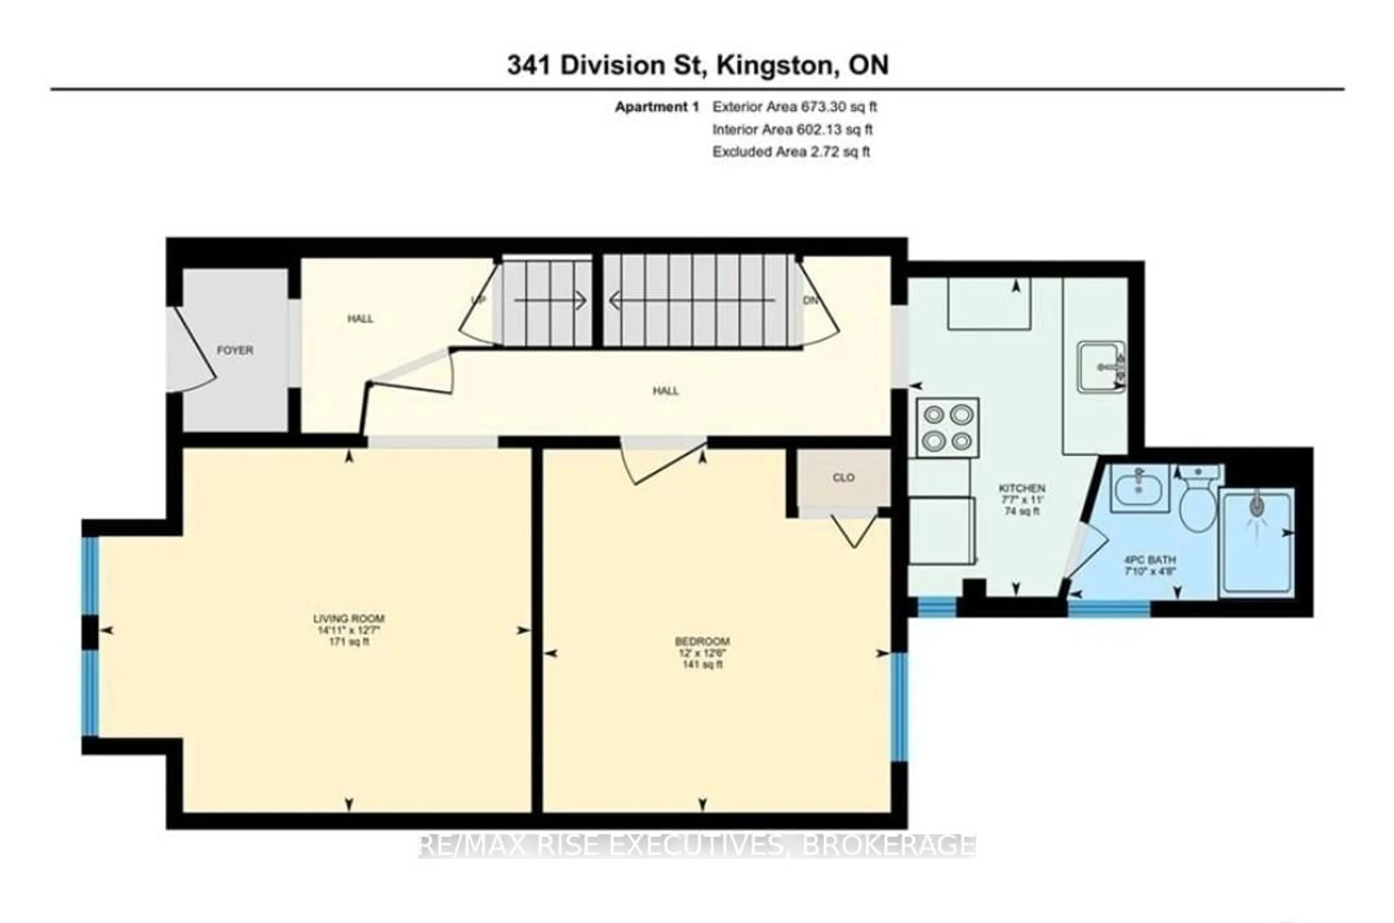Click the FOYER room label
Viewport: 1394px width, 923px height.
tap(235, 350)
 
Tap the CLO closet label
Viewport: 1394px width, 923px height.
tap(843, 477)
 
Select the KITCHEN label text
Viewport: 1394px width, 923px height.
tap(1022, 488)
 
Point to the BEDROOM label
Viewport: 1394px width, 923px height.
tap(702, 641)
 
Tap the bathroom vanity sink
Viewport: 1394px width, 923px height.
tap(1139, 487)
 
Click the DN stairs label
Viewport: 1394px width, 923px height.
tap(811, 300)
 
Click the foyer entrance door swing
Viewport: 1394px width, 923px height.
tap(191, 352)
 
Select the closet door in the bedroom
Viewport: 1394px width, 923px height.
tap(853, 530)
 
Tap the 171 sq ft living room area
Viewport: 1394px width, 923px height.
tap(348, 642)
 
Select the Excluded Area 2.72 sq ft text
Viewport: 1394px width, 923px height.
tap(791, 151)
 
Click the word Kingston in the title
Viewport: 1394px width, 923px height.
tap(775, 65)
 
